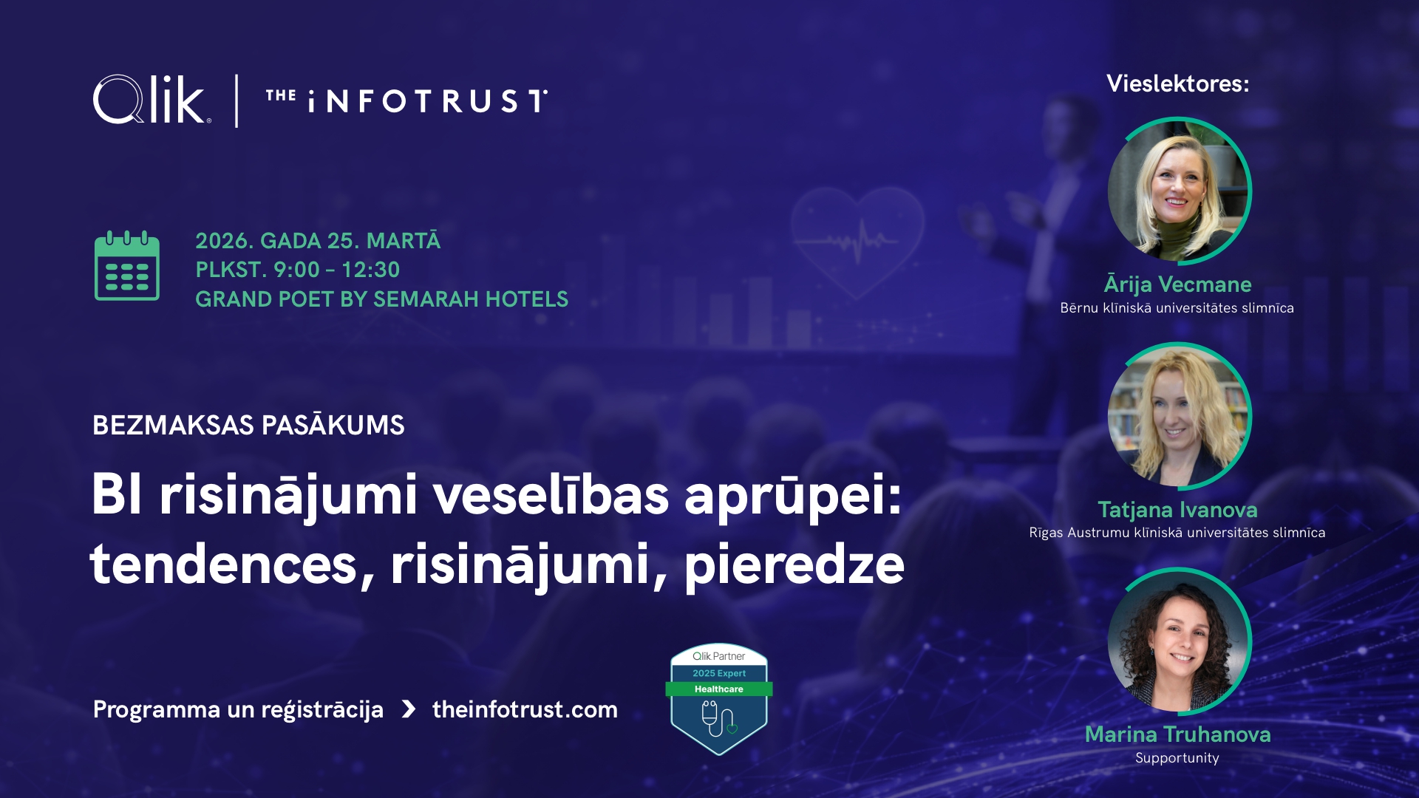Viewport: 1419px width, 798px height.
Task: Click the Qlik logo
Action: [152, 100]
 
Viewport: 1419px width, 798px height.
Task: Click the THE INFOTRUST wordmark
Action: [407, 101]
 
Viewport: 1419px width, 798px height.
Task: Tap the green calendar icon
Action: [127, 266]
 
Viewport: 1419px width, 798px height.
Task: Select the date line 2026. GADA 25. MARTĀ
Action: [318, 240]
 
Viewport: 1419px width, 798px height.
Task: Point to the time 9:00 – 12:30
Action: [337, 270]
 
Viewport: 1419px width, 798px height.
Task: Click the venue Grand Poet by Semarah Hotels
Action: [382, 299]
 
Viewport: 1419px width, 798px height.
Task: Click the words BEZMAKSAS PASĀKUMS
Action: [248, 425]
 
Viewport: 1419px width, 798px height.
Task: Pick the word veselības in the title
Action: [551, 494]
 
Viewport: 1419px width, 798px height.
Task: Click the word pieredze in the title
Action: [794, 565]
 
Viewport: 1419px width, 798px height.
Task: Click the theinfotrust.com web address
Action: [525, 709]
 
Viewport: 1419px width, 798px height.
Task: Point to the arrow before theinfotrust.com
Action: [409, 709]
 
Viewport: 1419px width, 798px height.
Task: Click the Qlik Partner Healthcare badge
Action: [719, 699]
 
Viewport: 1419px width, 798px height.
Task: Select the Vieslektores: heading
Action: [1178, 83]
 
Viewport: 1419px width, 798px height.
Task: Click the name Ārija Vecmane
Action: [1178, 284]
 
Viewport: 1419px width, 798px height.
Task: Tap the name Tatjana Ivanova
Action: [1178, 509]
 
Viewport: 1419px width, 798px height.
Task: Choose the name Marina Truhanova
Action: [1178, 734]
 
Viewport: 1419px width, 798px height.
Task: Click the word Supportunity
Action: [1177, 758]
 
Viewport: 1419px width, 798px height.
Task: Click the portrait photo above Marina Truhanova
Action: [1179, 641]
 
